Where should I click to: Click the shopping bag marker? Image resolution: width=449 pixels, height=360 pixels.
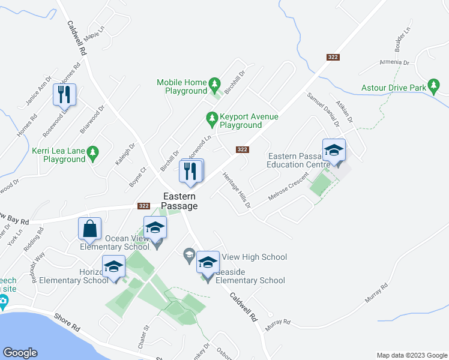pyautogui.click(x=89, y=229)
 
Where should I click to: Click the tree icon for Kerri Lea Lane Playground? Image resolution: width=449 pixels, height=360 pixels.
pyautogui.click(x=92, y=154)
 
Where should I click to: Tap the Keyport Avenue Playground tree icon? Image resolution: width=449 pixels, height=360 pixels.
pyautogui.click(x=211, y=120)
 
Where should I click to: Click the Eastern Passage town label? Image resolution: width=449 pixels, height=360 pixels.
pyautogui.click(x=179, y=201)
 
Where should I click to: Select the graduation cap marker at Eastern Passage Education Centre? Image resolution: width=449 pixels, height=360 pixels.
pyautogui.click(x=334, y=151)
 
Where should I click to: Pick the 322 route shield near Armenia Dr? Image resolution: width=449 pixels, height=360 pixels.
pyautogui.click(x=334, y=57)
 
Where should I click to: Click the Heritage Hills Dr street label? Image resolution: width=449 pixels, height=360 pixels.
pyautogui.click(x=236, y=190)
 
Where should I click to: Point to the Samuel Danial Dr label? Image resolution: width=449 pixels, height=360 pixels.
pyautogui.click(x=324, y=109)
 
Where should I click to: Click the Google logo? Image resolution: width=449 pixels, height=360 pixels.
pyautogui.click(x=20, y=353)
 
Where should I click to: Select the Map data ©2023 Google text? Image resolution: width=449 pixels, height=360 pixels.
pyautogui.click(x=411, y=355)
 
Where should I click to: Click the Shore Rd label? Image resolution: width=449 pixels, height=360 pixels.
pyautogui.click(x=67, y=324)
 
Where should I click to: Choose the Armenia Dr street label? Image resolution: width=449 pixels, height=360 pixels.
pyautogui.click(x=394, y=62)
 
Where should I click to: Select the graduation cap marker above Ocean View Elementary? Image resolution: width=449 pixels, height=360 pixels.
pyautogui.click(x=155, y=227)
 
